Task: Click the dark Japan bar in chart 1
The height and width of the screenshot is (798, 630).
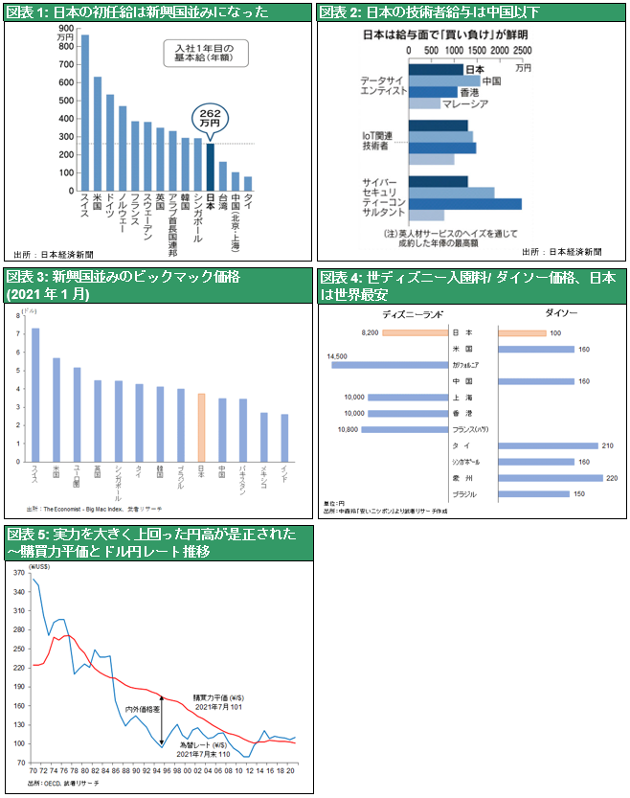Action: tap(211, 167)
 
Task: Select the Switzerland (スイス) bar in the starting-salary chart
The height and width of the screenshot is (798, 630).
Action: tap(84, 113)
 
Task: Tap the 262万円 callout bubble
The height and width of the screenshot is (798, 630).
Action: tap(210, 118)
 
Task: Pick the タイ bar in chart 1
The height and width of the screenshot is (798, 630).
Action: tap(248, 183)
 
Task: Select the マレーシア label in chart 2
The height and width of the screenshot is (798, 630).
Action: tap(492, 103)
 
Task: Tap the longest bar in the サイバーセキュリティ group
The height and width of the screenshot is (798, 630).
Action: tap(465, 203)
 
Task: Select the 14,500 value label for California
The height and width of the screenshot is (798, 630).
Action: tap(337, 356)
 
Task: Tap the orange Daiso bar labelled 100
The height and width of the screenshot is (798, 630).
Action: tap(523, 332)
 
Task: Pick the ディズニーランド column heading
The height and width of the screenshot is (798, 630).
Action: tap(409, 313)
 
